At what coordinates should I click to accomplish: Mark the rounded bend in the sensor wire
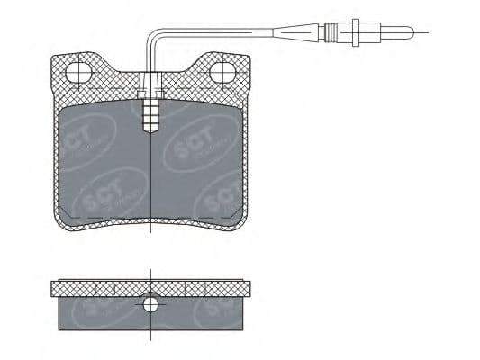pyautogui.click(x=150, y=39)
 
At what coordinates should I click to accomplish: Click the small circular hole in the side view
pyautogui.click(x=150, y=305)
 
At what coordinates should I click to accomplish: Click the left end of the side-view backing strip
pyautogui.click(x=54, y=287)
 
